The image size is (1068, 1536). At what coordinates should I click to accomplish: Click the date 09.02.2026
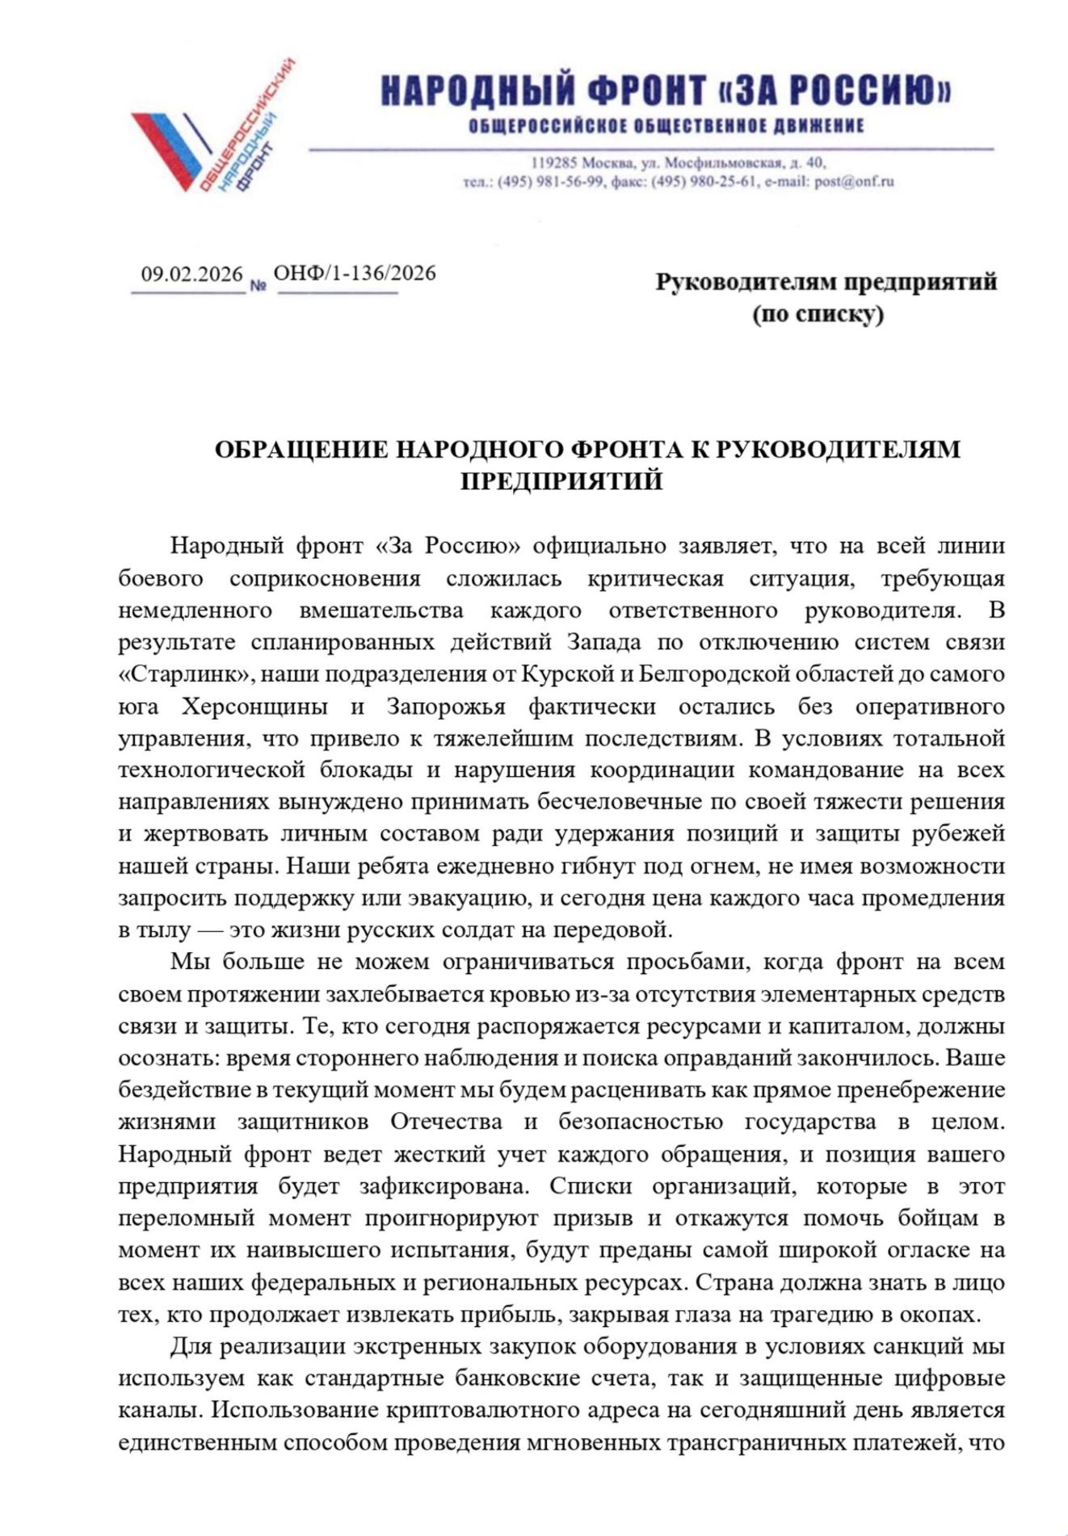pyautogui.click(x=191, y=275)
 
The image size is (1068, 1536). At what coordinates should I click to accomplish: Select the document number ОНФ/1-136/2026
pyautogui.click(x=355, y=273)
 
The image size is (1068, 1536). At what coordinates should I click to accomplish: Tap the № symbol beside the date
pyautogui.click(x=259, y=285)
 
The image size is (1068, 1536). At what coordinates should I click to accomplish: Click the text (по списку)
pyautogui.click(x=818, y=314)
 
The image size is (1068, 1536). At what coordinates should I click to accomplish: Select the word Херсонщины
pyautogui.click(x=254, y=707)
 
